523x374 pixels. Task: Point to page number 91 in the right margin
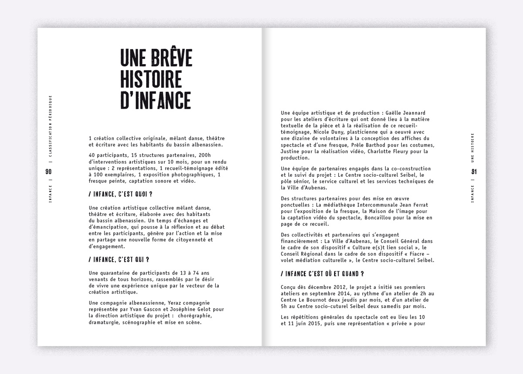pos(474,172)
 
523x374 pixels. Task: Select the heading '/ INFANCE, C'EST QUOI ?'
pos(123,193)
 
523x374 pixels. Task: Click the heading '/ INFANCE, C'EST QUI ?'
pos(119,260)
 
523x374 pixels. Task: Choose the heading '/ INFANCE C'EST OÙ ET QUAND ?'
pos(323,274)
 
